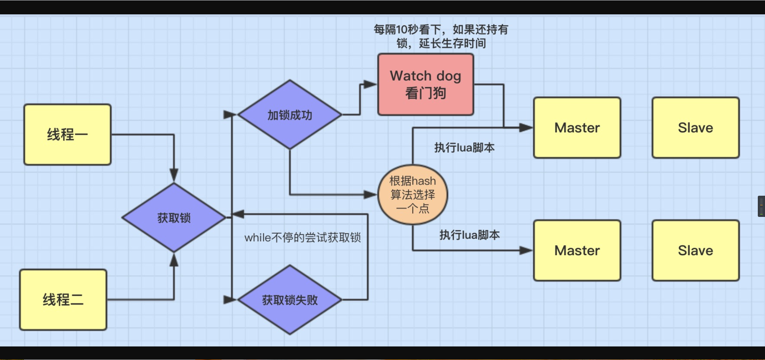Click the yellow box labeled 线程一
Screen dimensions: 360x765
[67, 135]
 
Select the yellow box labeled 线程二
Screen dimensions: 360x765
[63, 300]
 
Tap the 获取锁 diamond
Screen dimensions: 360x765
[174, 218]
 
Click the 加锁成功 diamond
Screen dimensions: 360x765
[290, 115]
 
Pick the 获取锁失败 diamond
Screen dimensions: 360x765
[290, 300]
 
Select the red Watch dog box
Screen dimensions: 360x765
[426, 85]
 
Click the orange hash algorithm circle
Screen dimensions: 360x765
[413, 195]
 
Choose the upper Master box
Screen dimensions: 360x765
[577, 128]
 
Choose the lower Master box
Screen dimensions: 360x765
[577, 250]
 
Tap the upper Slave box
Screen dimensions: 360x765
[696, 128]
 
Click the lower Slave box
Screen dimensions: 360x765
[696, 250]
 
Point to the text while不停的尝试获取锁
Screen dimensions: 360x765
[302, 238]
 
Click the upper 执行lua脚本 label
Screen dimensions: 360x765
[465, 148]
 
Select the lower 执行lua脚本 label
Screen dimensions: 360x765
[470, 235]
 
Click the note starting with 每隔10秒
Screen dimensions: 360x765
[441, 36]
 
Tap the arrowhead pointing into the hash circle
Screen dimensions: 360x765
[371, 195]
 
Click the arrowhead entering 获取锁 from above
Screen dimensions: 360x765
[174, 176]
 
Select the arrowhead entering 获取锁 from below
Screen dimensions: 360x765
[174, 260]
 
